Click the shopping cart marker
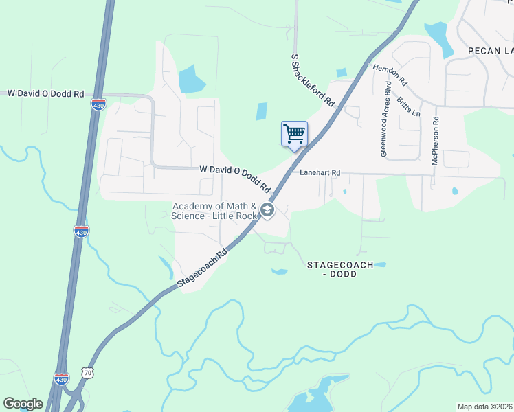(x=294, y=133)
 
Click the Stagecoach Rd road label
(x=202, y=268)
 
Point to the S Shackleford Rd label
(x=313, y=80)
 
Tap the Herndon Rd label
(x=390, y=74)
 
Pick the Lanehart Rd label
(x=320, y=173)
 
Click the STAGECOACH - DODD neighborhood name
(x=339, y=269)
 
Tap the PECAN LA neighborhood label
(x=491, y=51)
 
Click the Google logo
(x=23, y=404)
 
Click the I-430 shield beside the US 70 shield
(x=61, y=378)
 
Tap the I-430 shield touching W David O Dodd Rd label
(x=98, y=104)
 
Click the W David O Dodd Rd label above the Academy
(x=235, y=178)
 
